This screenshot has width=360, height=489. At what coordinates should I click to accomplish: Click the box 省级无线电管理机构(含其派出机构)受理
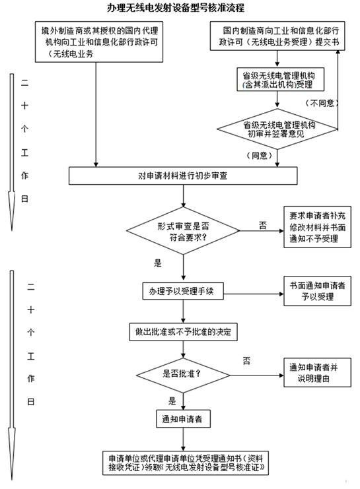[x=278, y=80]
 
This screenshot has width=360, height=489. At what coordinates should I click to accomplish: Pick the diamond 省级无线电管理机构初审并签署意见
[x=278, y=129]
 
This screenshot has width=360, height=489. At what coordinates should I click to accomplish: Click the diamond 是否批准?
[x=184, y=374]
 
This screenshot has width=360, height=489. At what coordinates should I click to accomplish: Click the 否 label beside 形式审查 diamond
[x=263, y=225]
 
